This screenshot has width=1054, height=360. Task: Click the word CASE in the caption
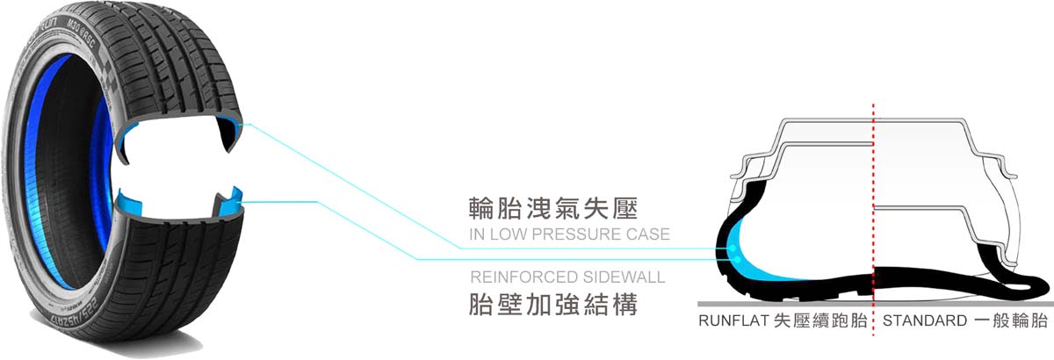click(650, 234)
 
